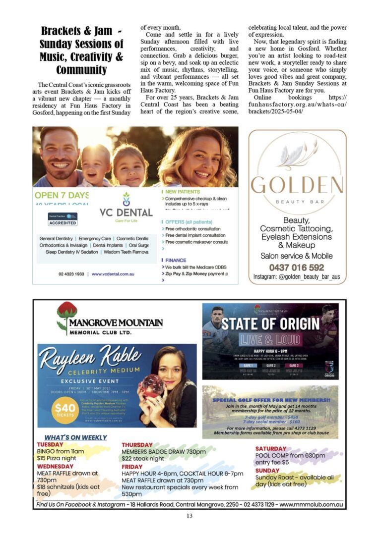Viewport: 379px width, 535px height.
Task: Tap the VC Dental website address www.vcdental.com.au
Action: pyautogui.click(x=113, y=273)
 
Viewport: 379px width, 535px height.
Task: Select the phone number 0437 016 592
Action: pyautogui.click(x=296, y=267)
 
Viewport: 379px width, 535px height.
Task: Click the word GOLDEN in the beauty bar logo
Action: pyautogui.click(x=296, y=186)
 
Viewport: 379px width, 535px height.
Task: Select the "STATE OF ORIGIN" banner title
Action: pyautogui.click(x=270, y=324)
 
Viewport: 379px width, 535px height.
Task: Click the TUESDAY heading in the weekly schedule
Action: pyautogui.click(x=50, y=444)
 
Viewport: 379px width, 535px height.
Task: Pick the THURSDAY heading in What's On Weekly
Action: pyautogui.click(x=137, y=445)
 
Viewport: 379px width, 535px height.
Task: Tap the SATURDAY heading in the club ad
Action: pyautogui.click(x=271, y=449)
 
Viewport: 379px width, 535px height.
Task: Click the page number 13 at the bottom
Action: pyautogui.click(x=189, y=516)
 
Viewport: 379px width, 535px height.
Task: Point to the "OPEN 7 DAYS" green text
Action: pyautogui.click(x=62, y=195)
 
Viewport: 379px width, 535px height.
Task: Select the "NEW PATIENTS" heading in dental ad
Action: pyautogui.click(x=183, y=191)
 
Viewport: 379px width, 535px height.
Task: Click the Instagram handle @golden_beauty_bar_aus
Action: pyautogui.click(x=296, y=277)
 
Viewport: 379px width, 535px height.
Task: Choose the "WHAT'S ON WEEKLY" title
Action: pyautogui.click(x=75, y=437)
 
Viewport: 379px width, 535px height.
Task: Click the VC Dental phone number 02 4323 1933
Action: pyautogui.click(x=70, y=273)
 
